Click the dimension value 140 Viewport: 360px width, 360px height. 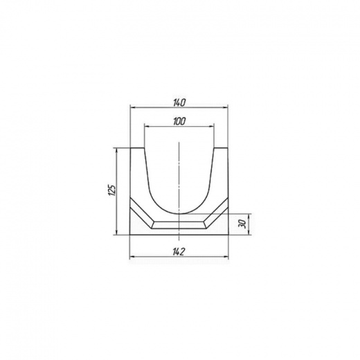179,102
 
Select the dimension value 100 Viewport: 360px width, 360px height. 179,121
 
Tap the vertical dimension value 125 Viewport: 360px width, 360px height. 111,190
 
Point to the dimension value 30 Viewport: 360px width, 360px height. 242,224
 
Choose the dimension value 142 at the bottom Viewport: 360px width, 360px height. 179,252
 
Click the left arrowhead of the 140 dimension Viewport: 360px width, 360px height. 133,107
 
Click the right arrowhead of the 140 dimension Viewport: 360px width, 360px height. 226,107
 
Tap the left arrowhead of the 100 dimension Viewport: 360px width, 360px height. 147,126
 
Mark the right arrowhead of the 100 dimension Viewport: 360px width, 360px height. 211,126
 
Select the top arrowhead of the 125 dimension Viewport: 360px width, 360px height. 116,151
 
